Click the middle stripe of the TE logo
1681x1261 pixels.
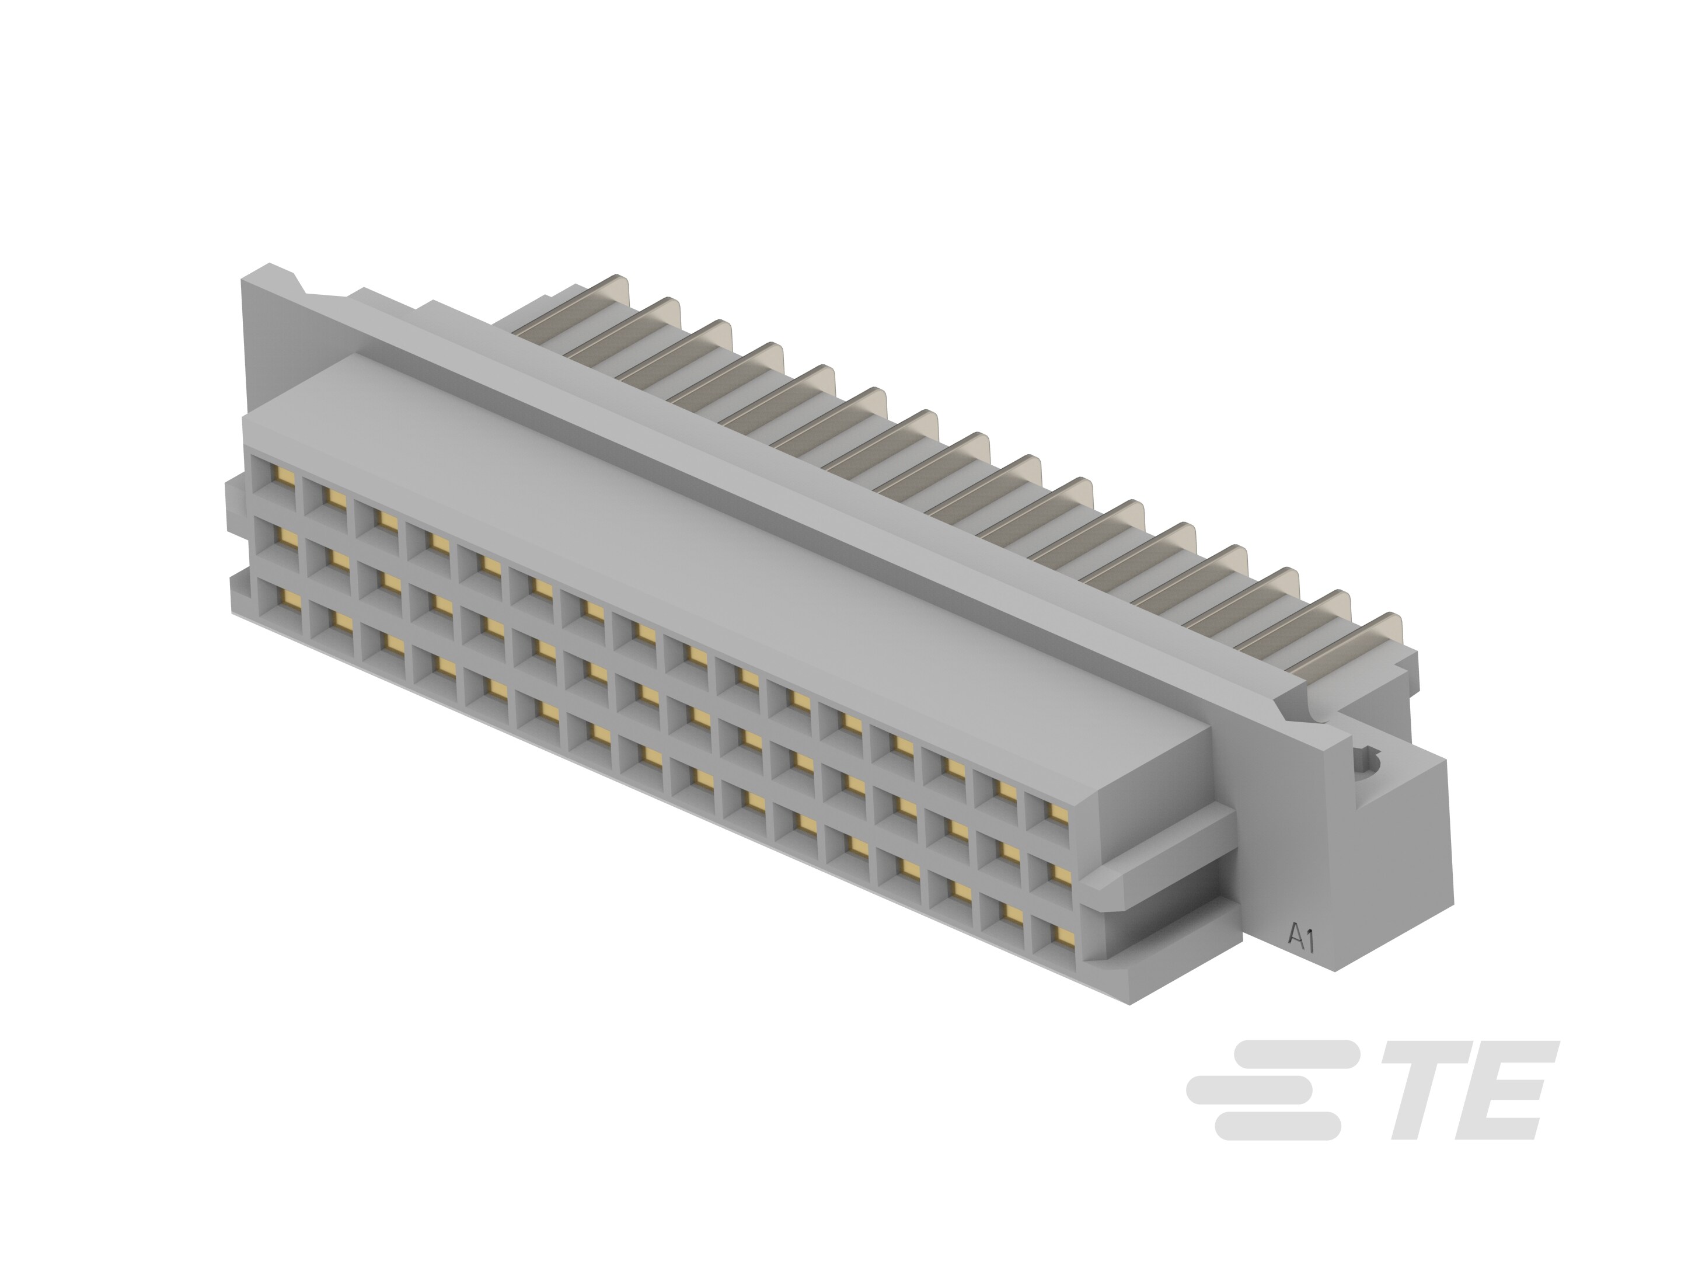click(x=1248, y=1088)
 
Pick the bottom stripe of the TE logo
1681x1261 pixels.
click(x=1277, y=1126)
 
